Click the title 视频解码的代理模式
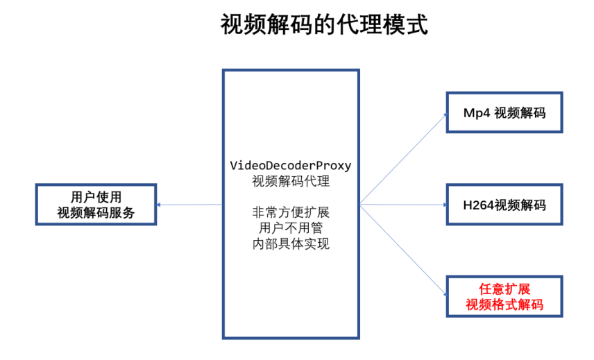pyautogui.click(x=324, y=25)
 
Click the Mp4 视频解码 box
pyautogui.click(x=504, y=112)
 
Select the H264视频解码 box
pyautogui.click(x=504, y=205)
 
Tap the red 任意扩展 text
pyautogui.click(x=504, y=289)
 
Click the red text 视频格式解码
pyautogui.click(x=504, y=305)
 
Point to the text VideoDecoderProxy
pyautogui.click(x=291, y=166)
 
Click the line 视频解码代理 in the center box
pyautogui.click(x=291, y=182)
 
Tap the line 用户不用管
pyautogui.click(x=291, y=228)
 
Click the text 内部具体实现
pyautogui.click(x=291, y=243)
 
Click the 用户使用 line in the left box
pyautogui.click(x=96, y=196)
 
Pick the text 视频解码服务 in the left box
pyautogui.click(x=96, y=213)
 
